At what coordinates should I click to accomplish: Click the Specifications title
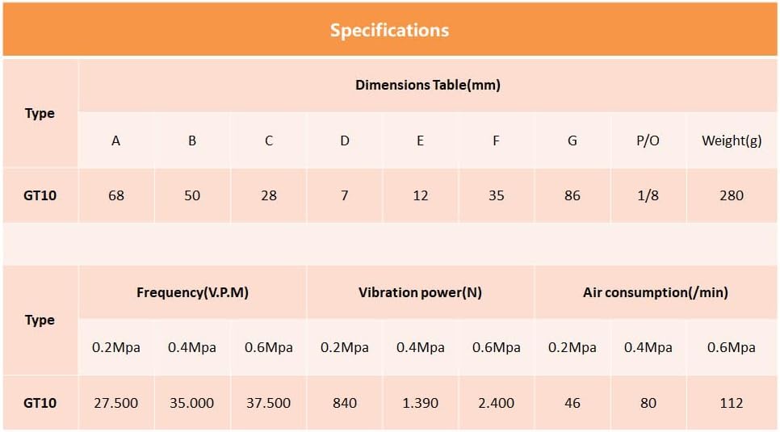389,31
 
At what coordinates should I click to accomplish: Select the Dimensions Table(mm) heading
428,85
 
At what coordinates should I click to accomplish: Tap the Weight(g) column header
732,141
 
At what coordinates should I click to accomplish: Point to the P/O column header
648,141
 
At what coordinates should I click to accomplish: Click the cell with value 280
732,195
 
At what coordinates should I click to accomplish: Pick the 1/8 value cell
648,195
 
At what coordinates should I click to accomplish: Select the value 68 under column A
116,195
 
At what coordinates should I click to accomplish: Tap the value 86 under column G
572,195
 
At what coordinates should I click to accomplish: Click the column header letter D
345,141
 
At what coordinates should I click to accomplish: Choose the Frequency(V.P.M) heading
192,292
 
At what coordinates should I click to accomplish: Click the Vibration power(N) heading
420,292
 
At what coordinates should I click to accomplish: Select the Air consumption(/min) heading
656,292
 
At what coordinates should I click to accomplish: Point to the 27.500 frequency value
116,403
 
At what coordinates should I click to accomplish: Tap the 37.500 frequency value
268,403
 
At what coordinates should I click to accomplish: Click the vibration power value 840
345,403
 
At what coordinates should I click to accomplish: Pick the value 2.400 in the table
497,403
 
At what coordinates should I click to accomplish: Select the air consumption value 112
732,403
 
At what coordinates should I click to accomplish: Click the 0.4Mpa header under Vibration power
420,347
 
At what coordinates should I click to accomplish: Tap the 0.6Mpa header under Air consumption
732,347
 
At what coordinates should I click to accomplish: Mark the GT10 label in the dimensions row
40,195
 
